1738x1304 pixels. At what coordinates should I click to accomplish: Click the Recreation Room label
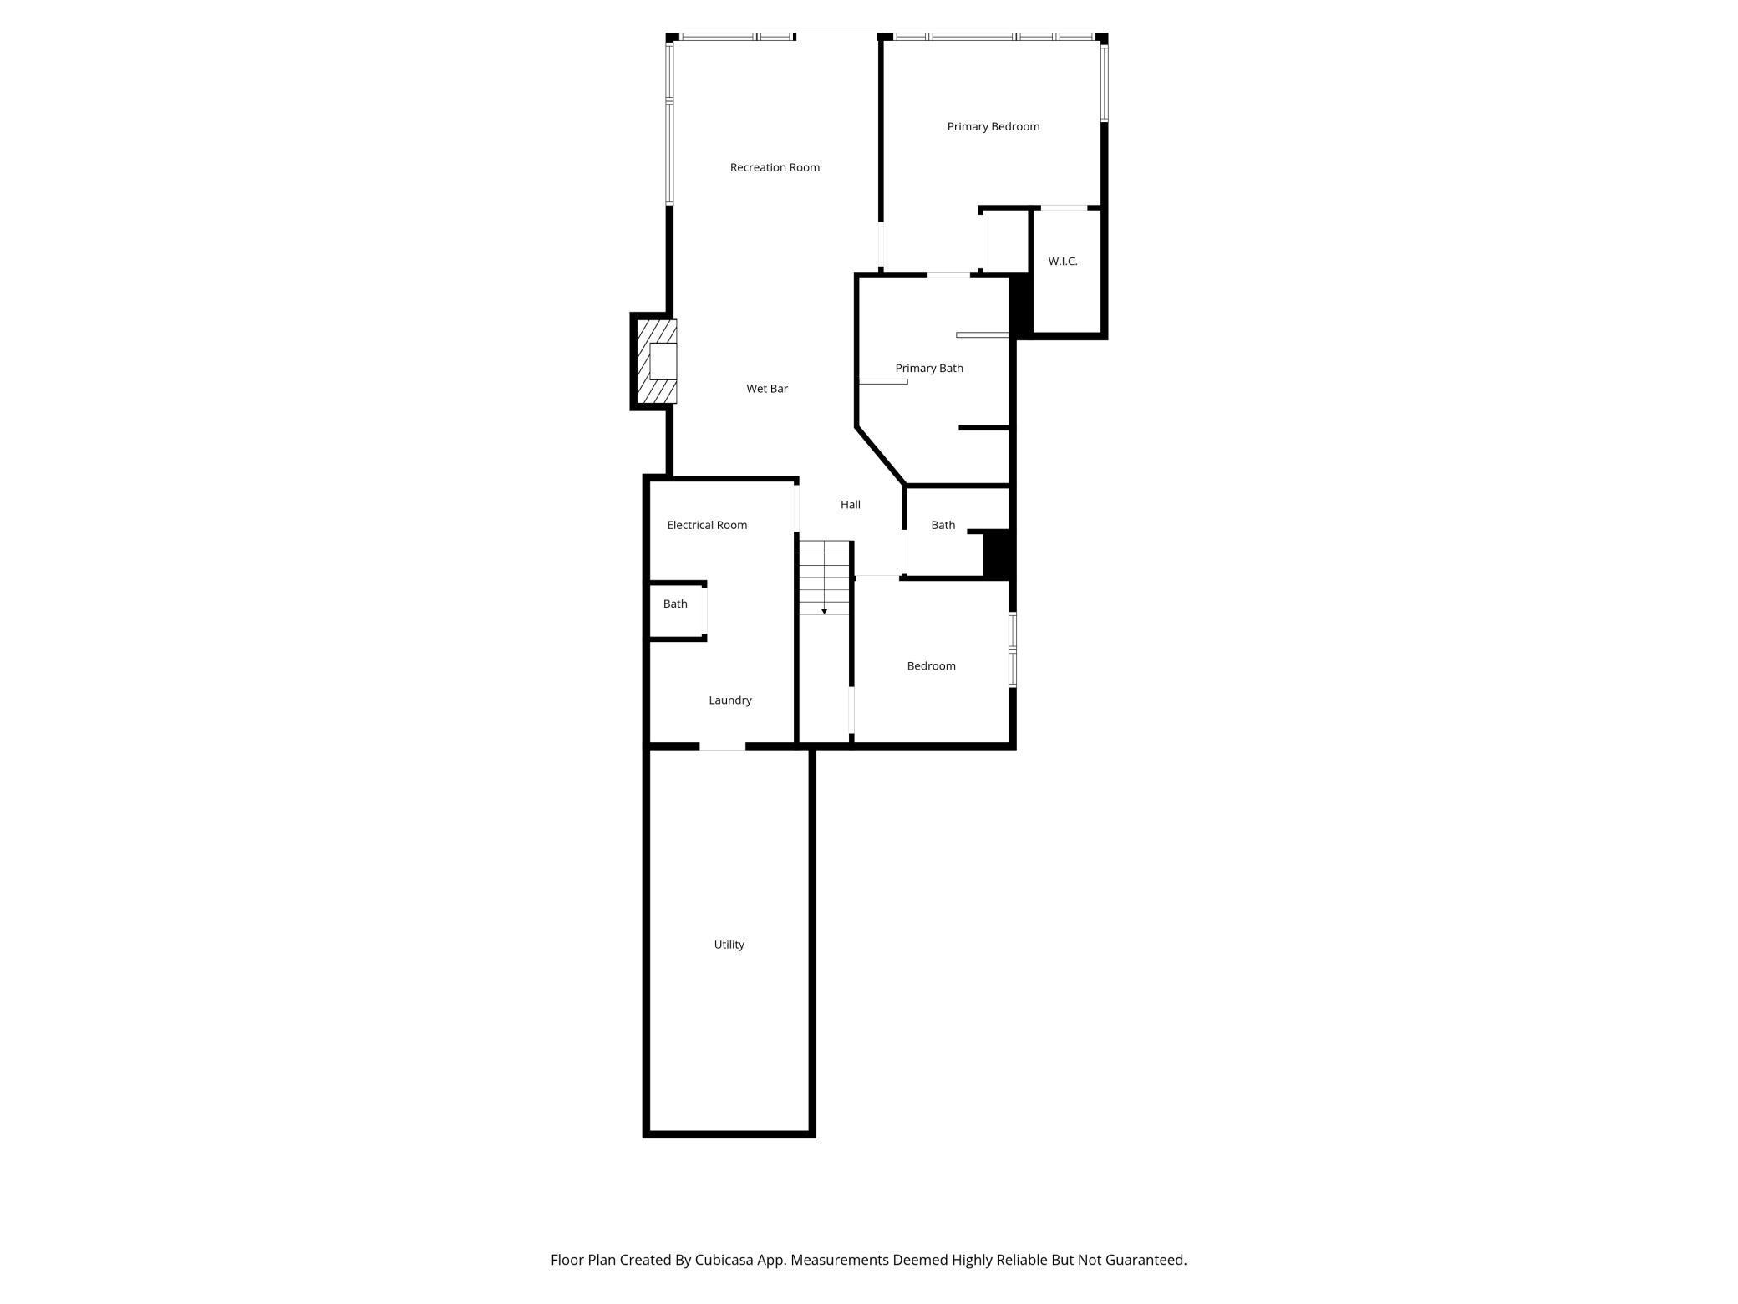775,167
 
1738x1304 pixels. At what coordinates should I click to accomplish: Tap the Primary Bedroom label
993,127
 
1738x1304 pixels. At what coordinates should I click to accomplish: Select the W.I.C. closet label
1062,262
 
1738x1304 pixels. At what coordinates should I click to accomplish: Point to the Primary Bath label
929,369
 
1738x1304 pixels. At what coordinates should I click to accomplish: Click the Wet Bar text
767,389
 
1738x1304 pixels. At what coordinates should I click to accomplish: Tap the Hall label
850,505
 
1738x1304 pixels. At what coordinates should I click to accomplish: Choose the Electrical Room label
707,526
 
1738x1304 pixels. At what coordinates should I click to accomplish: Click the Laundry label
729,700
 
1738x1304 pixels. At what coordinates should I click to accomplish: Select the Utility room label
729,945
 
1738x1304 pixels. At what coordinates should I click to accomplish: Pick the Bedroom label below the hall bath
931,666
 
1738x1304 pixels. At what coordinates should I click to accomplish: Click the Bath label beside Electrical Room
675,604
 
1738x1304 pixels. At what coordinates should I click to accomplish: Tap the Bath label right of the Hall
943,526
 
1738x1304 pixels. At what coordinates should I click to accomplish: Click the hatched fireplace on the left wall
655,361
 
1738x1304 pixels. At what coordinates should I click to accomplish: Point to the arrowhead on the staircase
824,611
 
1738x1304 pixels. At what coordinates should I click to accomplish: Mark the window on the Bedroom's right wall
1013,650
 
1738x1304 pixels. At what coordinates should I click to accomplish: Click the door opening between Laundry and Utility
722,746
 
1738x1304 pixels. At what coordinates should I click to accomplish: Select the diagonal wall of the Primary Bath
881,456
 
